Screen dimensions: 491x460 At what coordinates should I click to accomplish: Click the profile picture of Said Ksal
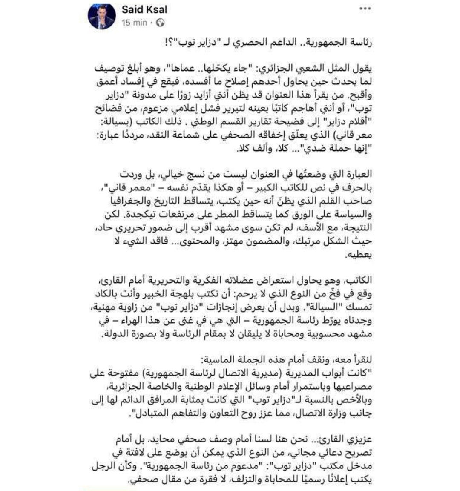(x=101, y=17)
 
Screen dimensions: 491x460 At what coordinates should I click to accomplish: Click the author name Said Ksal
(x=144, y=10)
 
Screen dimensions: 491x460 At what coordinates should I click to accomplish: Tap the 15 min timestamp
(x=134, y=23)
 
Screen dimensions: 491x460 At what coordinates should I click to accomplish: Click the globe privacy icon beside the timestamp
(x=161, y=23)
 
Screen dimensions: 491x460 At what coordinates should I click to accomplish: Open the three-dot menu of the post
(x=365, y=9)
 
